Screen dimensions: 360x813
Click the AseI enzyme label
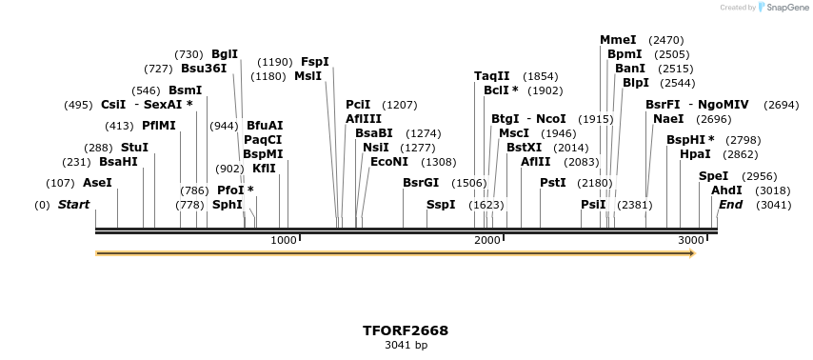pos(97,182)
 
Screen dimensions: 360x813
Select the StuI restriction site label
pos(134,148)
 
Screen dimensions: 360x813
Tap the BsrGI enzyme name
pos(421,182)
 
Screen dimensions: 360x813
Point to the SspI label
pos(441,205)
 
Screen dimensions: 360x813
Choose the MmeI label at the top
pos(618,40)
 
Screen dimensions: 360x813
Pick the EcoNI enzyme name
pos(388,161)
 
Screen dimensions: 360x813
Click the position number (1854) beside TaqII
pos(541,76)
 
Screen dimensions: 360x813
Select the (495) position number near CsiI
pos(78,105)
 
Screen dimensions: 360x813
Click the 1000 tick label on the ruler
pos(284,240)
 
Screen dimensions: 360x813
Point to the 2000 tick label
pos(487,240)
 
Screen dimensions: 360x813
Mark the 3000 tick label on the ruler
pos(691,240)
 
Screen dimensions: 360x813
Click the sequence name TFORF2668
pos(406,330)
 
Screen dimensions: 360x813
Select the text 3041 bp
pos(406,345)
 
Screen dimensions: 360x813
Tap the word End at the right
pos(730,205)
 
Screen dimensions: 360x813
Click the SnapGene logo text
pos(784,8)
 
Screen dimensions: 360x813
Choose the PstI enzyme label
pos(553,182)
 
